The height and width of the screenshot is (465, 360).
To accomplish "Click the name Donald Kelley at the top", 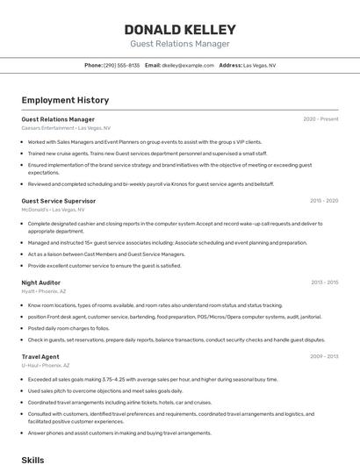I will tap(180, 29).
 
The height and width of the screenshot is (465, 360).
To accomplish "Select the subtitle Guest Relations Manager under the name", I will tap(180, 44).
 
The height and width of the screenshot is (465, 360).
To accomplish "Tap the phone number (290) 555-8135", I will tap(121, 65).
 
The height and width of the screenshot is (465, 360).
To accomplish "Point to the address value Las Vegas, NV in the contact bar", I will tap(259, 65).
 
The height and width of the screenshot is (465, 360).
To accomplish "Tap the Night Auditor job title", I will tap(40, 283).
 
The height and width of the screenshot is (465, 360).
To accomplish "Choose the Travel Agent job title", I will tap(40, 357).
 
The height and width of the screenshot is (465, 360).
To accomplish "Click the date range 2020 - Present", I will tap(320, 119).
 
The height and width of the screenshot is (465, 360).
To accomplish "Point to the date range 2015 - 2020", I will tap(324, 201).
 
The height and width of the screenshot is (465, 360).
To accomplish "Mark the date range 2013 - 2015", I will tap(324, 283).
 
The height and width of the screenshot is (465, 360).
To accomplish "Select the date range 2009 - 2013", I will tap(324, 357).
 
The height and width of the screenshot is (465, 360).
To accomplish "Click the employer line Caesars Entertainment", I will tap(66, 128).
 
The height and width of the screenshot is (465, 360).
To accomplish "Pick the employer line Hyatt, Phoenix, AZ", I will tap(44, 291).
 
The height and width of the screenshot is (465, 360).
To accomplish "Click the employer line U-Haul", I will tap(46, 366).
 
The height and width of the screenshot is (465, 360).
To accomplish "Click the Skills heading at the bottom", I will tap(32, 459).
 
